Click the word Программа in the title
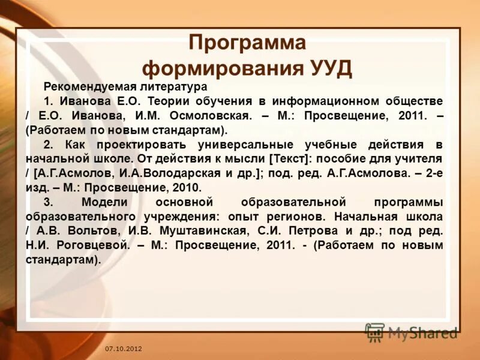(x=247, y=43)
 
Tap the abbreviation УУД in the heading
(x=328, y=68)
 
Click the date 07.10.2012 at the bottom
(x=123, y=349)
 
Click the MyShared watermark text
(x=422, y=332)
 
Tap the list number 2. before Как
(x=49, y=145)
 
